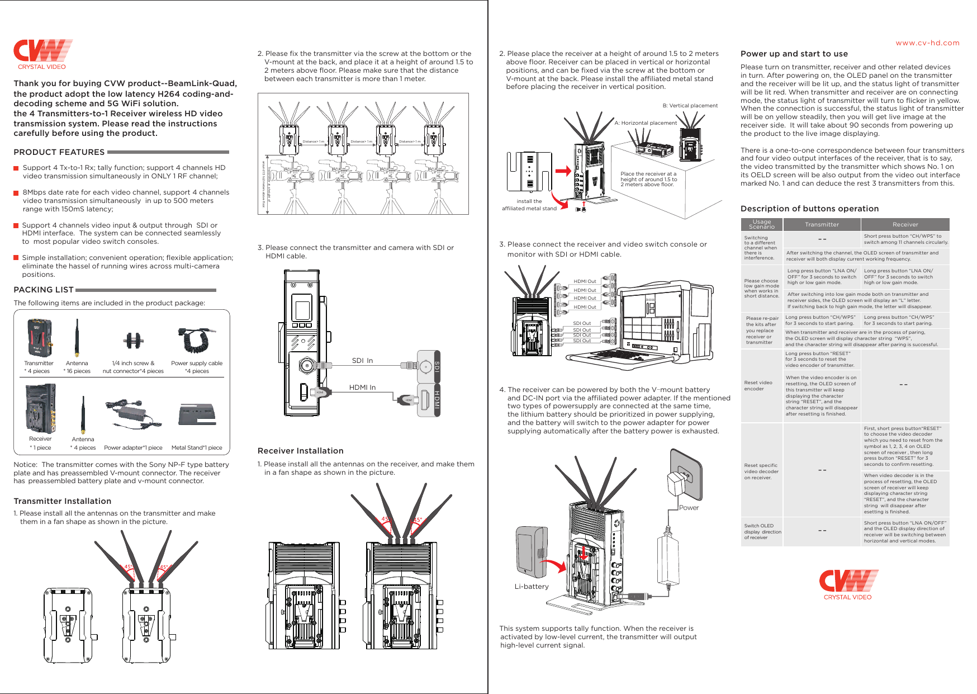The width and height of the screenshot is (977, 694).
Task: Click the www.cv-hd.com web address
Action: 927,43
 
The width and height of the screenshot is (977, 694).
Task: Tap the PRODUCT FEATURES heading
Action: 59,152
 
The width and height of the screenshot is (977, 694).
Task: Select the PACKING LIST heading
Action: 44,290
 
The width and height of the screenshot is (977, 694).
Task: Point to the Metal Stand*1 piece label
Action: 197,447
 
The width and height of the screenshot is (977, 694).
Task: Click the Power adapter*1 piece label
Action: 133,447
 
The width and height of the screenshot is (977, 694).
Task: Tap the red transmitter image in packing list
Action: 40,338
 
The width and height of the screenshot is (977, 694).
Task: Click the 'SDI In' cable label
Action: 362,361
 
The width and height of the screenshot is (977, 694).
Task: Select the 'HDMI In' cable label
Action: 362,387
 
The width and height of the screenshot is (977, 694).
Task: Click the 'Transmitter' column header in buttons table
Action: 822,224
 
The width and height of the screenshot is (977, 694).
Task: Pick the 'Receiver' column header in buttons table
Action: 905,224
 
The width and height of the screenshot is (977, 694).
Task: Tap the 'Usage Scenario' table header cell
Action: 761,224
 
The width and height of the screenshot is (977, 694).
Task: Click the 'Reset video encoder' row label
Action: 758,386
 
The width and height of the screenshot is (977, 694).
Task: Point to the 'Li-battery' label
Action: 532,587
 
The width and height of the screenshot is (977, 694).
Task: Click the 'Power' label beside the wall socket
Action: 689,508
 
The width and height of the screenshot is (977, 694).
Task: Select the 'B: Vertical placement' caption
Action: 690,106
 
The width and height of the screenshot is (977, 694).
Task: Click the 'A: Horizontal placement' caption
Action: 645,123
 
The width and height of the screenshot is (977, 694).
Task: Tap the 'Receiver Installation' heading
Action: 300,451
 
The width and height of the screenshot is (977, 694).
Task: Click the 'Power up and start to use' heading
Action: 794,54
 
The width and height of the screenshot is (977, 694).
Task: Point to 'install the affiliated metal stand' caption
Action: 529,205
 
